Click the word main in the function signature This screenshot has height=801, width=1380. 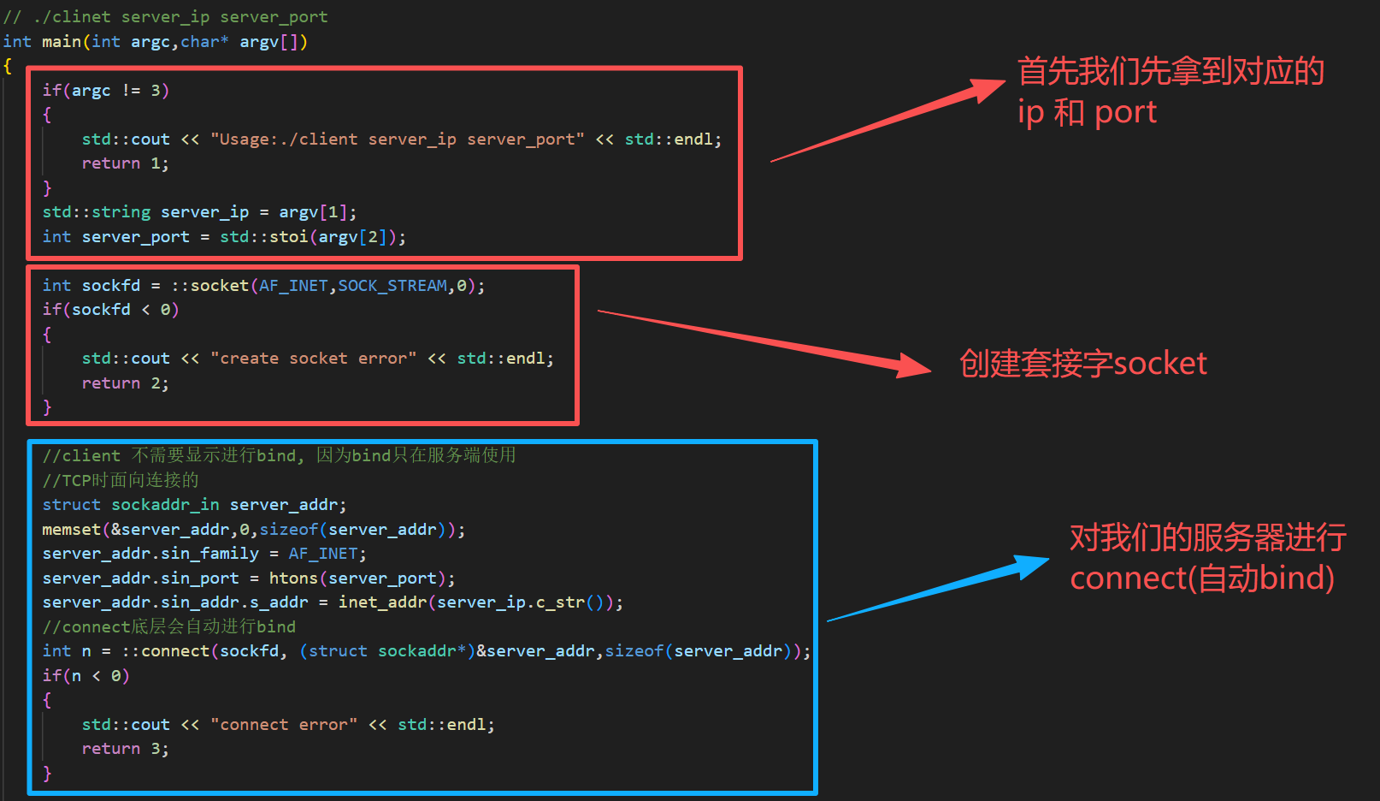[62, 42]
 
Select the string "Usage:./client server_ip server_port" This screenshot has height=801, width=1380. [398, 139]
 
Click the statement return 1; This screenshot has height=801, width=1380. [125, 163]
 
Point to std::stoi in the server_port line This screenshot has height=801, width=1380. [263, 237]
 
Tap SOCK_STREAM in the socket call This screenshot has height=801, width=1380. [392, 286]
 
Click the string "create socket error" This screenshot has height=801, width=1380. [313, 359]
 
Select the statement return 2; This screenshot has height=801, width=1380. [125, 383]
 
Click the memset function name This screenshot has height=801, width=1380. [72, 530]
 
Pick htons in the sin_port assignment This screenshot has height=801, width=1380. [293, 578]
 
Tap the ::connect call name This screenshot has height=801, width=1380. [166, 651]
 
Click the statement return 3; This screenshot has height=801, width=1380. [125, 749]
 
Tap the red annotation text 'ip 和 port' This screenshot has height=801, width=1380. [1087, 112]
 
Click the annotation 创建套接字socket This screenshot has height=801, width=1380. [1082, 364]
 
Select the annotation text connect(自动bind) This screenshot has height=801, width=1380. [1201, 578]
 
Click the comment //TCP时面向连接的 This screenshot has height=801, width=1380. [121, 480]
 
